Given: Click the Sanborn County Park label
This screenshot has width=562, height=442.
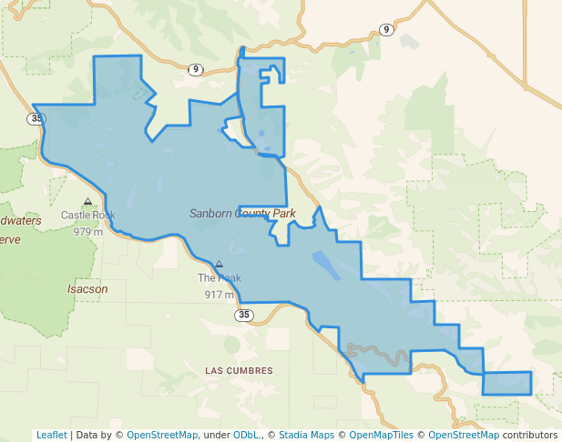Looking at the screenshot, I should tap(242, 214).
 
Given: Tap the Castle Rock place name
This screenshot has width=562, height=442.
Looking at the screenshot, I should tap(88, 216).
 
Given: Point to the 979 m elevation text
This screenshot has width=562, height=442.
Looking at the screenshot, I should tap(88, 231).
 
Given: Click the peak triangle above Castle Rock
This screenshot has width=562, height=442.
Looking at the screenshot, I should tap(87, 202).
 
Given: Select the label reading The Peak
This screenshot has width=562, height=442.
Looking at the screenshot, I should tap(219, 278).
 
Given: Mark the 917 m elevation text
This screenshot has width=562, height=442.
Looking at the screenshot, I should tap(219, 295).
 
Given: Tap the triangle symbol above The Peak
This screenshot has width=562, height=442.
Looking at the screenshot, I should tap(219, 265).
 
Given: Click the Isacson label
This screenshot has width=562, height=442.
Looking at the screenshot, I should tap(87, 289).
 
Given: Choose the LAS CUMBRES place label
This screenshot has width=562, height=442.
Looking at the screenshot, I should tap(239, 371).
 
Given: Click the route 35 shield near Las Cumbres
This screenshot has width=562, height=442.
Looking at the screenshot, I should tap(243, 315).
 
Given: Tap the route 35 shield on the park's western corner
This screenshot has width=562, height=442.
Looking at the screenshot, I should tap(36, 118).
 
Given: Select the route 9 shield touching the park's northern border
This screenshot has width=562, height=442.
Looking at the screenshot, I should tap(195, 70).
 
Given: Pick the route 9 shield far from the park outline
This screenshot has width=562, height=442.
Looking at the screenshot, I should tap(386, 30).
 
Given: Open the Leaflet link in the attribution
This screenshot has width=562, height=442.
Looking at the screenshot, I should tap(51, 435).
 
